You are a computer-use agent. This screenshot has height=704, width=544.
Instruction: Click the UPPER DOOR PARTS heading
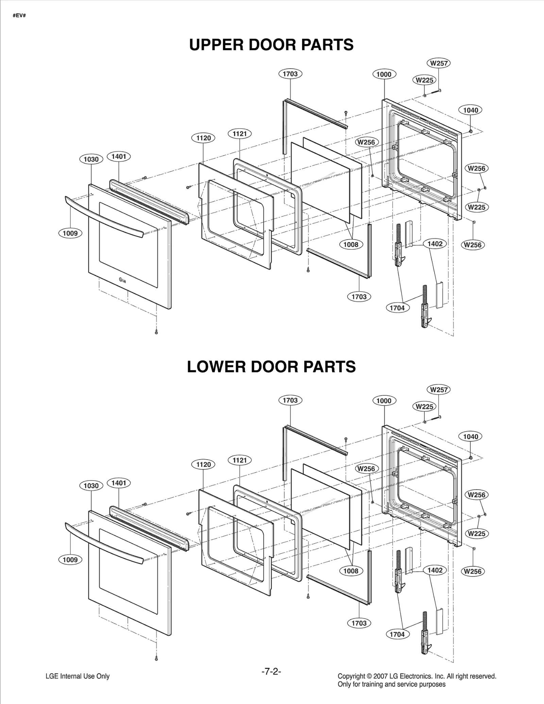pos(271,45)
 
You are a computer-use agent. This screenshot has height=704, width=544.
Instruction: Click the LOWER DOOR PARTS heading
pos(271,367)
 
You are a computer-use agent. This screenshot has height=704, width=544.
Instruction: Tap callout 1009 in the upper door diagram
pos(70,233)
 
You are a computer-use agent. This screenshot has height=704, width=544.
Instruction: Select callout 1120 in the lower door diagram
pos(203,464)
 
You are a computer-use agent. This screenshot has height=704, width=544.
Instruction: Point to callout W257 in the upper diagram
pos(439,63)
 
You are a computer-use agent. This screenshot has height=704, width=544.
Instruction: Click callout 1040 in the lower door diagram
pos(471,436)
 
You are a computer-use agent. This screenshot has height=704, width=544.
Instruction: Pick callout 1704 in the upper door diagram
pos(397,308)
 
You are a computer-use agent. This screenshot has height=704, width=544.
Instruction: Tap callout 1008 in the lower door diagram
pos(351,571)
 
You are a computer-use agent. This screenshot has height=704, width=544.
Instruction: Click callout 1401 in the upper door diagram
pos(119,157)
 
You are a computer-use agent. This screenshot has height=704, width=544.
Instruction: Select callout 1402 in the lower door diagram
pos(435,570)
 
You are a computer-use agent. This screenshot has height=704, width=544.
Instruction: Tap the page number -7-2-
pos(271,671)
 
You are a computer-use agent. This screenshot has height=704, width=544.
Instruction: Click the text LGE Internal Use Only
pos(78,676)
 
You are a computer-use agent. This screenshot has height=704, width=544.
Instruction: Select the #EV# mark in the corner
pos(19,16)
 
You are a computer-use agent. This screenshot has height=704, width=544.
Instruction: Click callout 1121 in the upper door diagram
pos(239,134)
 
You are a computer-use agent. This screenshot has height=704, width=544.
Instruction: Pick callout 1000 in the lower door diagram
pos(384,401)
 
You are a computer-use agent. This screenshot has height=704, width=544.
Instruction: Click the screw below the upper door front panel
pos(156,331)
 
